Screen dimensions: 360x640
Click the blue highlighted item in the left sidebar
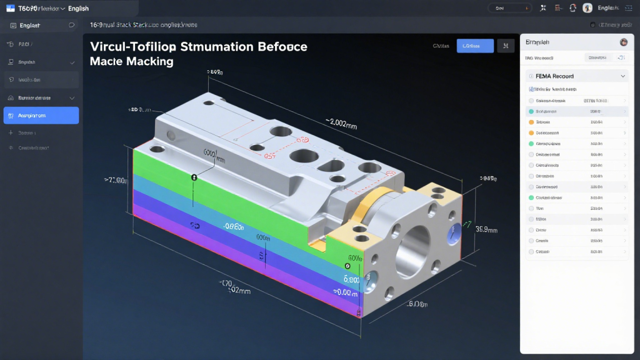pyautogui.click(x=41, y=116)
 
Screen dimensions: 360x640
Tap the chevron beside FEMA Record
pyautogui.click(x=622, y=76)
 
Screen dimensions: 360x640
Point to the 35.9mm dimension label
pyautogui.click(x=486, y=229)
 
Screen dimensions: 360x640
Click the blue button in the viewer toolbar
pyautogui.click(x=475, y=46)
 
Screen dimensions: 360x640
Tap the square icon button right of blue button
pyautogui.click(x=506, y=46)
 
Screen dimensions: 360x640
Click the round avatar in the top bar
pyautogui.click(x=587, y=8)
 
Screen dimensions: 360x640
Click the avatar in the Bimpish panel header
pyautogui.click(x=623, y=42)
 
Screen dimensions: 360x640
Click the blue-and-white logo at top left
pyautogui.click(x=10, y=8)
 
